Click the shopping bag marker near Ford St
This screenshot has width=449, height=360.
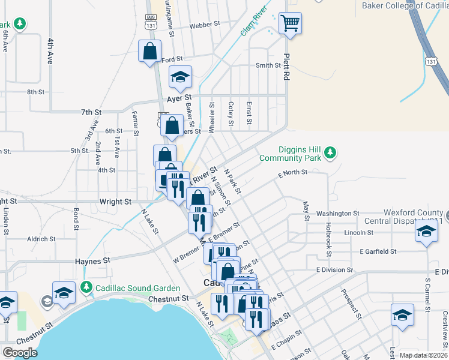pyautogui.click(x=149, y=51)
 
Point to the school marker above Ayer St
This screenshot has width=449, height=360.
pyautogui.click(x=179, y=77)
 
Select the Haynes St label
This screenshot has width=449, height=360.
pyautogui.click(x=93, y=261)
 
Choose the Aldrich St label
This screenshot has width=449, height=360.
pyautogui.click(x=41, y=239)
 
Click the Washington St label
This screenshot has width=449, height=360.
pyautogui.click(x=337, y=213)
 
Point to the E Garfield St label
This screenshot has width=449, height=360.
pyautogui.click(x=378, y=252)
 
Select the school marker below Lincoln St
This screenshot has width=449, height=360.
pyautogui.click(x=426, y=232)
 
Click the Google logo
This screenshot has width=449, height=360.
pyautogui.click(x=20, y=352)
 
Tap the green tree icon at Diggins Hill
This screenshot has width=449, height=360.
pyautogui.click(x=330, y=154)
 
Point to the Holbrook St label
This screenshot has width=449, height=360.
pyautogui.click(x=328, y=239)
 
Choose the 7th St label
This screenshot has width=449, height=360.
pyautogui.click(x=92, y=112)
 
